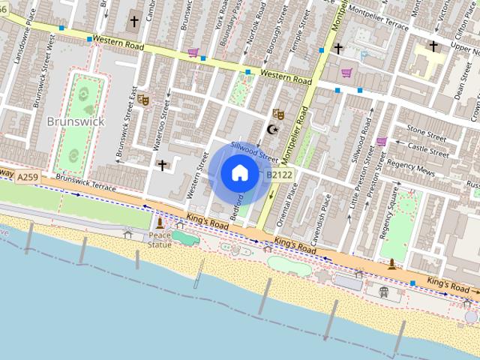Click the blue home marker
tap(239, 173)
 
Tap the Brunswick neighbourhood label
tap(76, 121)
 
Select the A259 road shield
tap(28, 177)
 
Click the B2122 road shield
tap(278, 175)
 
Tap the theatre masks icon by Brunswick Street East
tap(143, 100)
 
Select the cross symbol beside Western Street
tap(162, 164)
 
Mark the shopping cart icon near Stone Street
tap(381, 141)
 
